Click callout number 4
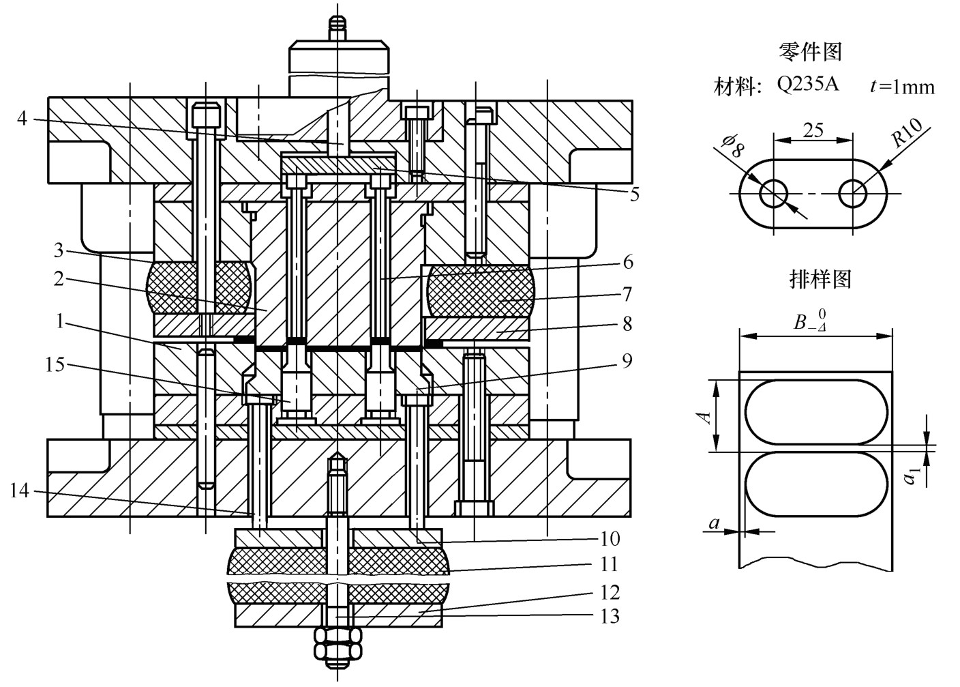pos(22,118)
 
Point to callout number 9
pos(627,361)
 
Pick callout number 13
pos(610,616)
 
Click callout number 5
pos(634,194)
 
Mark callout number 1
pos(59,321)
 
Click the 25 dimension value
pos(813,130)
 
